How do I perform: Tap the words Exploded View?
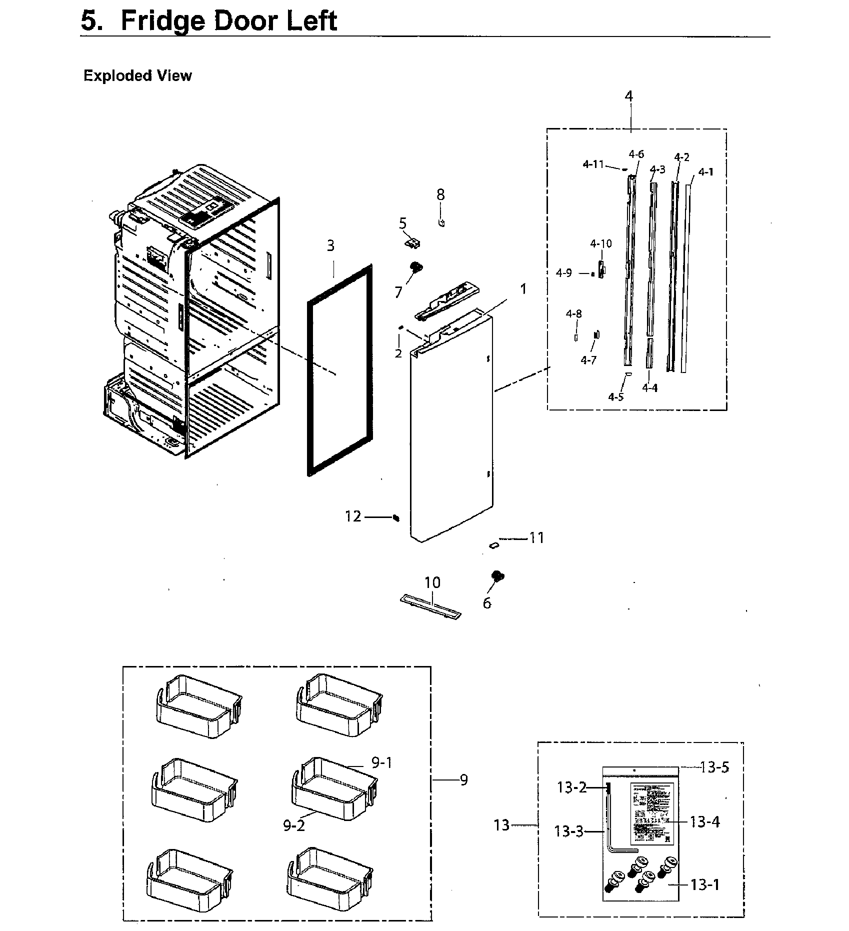[x=137, y=75]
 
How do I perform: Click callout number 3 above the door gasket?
[x=330, y=245]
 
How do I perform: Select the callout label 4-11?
[x=593, y=164]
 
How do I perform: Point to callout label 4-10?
[x=600, y=243]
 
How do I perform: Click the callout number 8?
[x=440, y=194]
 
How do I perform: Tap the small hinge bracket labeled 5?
[x=411, y=243]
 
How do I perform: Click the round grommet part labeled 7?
[x=415, y=268]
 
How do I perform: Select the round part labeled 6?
[x=497, y=576]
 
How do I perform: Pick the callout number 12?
[x=353, y=516]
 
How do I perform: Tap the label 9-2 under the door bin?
[x=293, y=825]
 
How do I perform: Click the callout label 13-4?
[x=705, y=821]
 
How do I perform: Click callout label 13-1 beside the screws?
[x=705, y=884]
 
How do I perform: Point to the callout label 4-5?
[x=616, y=396]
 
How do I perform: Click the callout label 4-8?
[x=573, y=314]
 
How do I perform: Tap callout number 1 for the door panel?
[x=523, y=289]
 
